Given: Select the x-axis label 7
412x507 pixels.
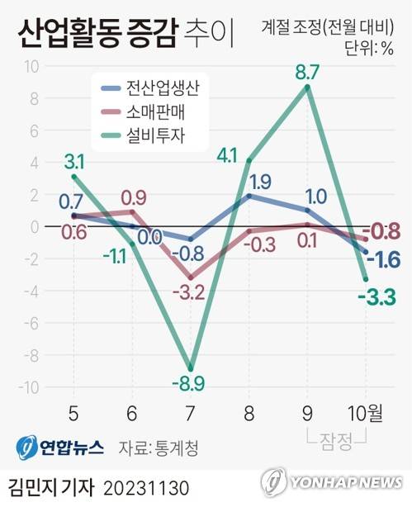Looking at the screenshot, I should (191, 411).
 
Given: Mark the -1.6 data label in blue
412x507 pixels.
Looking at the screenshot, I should (383, 260).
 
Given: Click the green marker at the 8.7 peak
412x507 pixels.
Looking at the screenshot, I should (308, 88).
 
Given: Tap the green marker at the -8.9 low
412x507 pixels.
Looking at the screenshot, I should (191, 368).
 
